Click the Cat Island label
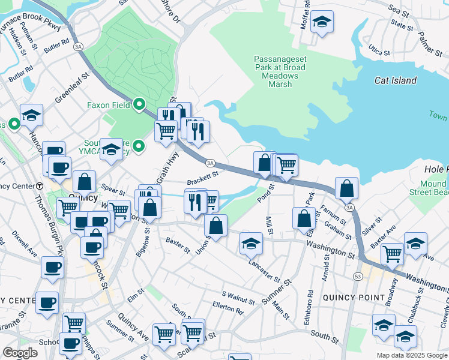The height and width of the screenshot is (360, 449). [x=395, y=80]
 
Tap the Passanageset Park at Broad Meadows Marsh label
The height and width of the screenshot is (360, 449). [x=280, y=72]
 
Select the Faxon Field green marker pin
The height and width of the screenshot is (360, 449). [x=139, y=105]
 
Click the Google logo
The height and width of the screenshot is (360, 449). [x=20, y=353]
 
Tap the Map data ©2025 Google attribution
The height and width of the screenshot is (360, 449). [x=411, y=355]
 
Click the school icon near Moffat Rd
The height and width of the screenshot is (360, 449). [x=322, y=23]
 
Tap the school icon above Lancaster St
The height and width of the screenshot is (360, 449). [x=251, y=243]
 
